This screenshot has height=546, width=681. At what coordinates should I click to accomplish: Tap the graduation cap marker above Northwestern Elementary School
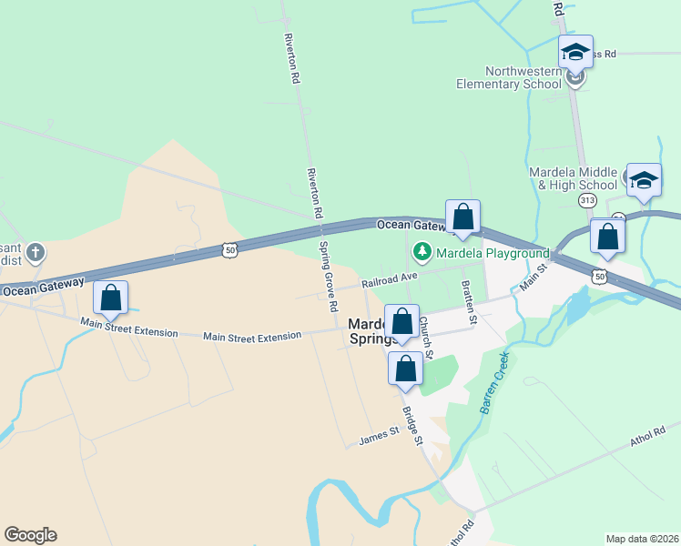575,52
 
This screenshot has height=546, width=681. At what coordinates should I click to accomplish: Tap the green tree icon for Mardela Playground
422,250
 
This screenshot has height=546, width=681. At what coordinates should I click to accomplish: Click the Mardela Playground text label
492,252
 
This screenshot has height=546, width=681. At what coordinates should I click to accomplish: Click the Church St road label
425,337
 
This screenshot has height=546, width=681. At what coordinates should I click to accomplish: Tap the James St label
379,437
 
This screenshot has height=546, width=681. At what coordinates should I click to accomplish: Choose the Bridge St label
413,426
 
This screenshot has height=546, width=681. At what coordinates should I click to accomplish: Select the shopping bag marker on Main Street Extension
111,298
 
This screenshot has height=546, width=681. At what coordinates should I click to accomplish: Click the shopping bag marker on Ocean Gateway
462,217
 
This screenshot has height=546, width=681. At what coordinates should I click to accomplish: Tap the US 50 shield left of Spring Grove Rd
229,248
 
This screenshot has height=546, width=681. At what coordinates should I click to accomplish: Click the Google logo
31,535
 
